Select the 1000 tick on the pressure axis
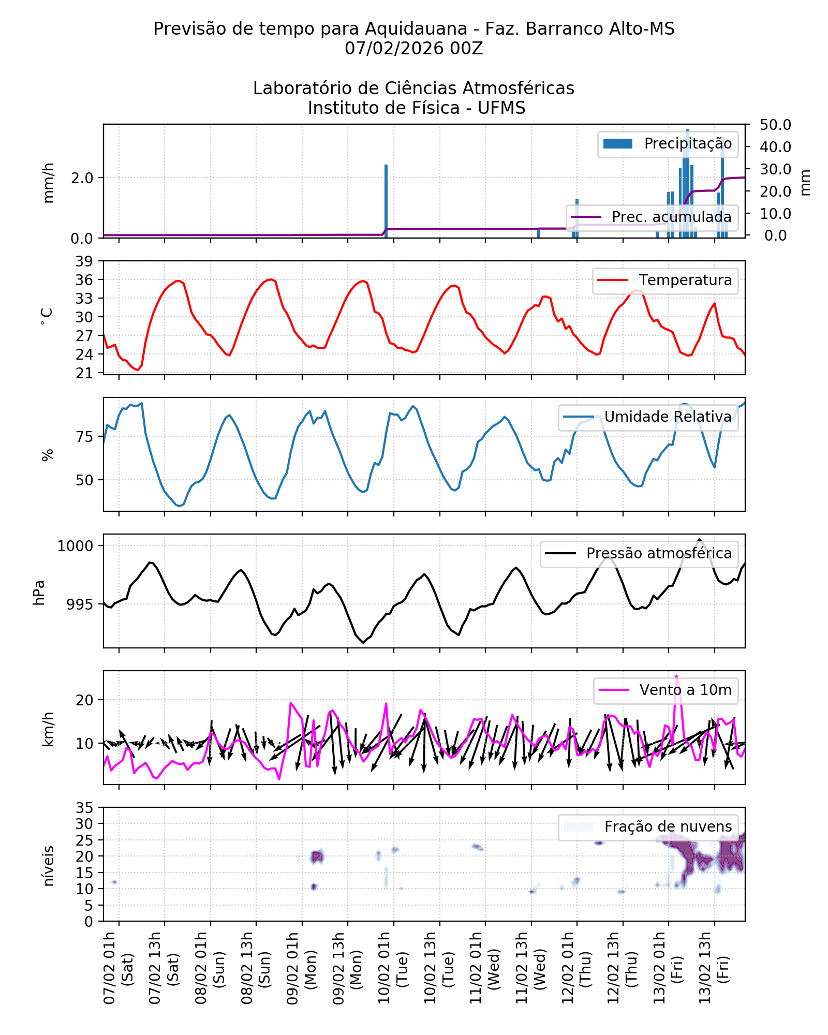(x=75, y=546)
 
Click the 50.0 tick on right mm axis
(x=775, y=125)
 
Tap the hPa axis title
(x=39, y=593)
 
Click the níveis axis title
(x=48, y=866)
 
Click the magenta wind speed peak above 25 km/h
(x=676, y=677)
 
